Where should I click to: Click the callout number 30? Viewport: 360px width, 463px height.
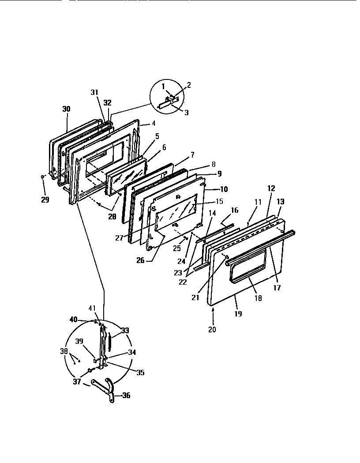click(x=66, y=109)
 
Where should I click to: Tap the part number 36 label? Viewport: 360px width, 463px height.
click(x=126, y=396)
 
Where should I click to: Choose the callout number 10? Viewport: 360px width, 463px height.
click(x=224, y=189)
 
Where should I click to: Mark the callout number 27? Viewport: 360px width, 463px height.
click(x=119, y=238)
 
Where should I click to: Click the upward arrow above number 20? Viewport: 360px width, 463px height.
click(x=214, y=311)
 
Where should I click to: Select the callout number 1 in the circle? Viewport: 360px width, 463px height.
click(x=163, y=86)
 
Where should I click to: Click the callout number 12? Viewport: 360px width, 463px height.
click(x=271, y=188)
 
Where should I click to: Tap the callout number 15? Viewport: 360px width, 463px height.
click(x=207, y=201)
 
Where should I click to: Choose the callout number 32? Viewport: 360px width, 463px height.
click(x=108, y=102)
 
